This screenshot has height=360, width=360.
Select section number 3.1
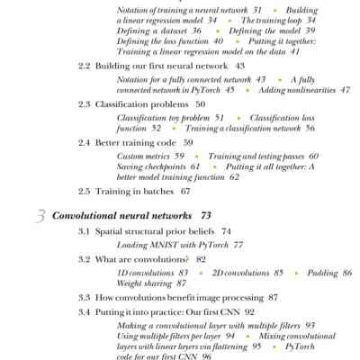click(85, 231)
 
